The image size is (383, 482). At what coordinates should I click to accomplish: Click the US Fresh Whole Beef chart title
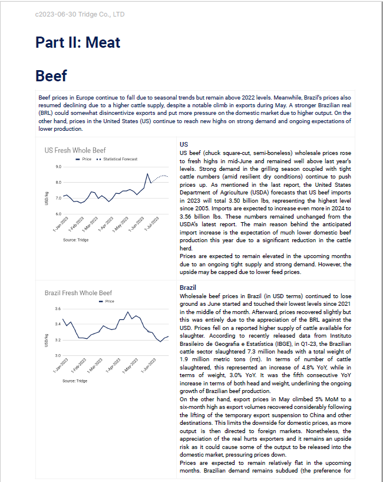tap(75, 150)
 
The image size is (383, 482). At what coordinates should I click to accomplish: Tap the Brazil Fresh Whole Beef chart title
tap(78, 293)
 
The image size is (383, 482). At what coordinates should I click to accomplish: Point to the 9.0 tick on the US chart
tap(57, 167)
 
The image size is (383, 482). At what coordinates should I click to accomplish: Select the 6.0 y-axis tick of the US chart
tap(57, 214)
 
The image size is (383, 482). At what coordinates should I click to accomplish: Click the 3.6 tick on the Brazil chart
tap(57, 309)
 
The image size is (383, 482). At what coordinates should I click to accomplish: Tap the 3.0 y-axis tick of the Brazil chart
tap(57, 356)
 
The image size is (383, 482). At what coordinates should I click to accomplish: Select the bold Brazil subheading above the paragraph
tap(189, 287)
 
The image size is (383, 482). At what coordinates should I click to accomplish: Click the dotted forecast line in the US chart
tap(160, 176)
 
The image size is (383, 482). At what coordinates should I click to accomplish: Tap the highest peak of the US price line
tap(147, 173)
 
